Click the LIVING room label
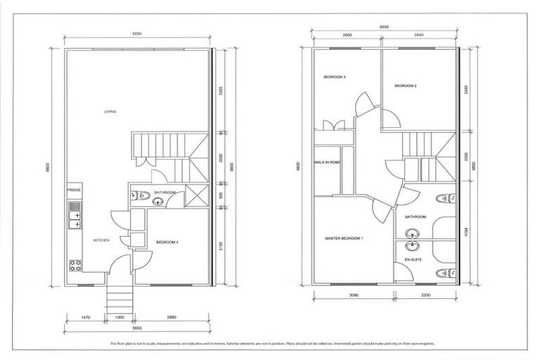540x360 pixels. point(110,112)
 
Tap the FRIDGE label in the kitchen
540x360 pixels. point(73,191)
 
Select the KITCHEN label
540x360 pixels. point(102,241)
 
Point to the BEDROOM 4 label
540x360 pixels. point(167,242)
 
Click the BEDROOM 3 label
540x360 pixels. point(335,77)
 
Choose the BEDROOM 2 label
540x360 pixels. point(406,86)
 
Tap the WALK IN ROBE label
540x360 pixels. point(328,162)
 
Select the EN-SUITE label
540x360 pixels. point(413,260)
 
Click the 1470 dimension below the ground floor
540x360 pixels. point(86,319)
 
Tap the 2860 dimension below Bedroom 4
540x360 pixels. point(172,319)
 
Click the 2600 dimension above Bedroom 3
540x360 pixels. point(347,34)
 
